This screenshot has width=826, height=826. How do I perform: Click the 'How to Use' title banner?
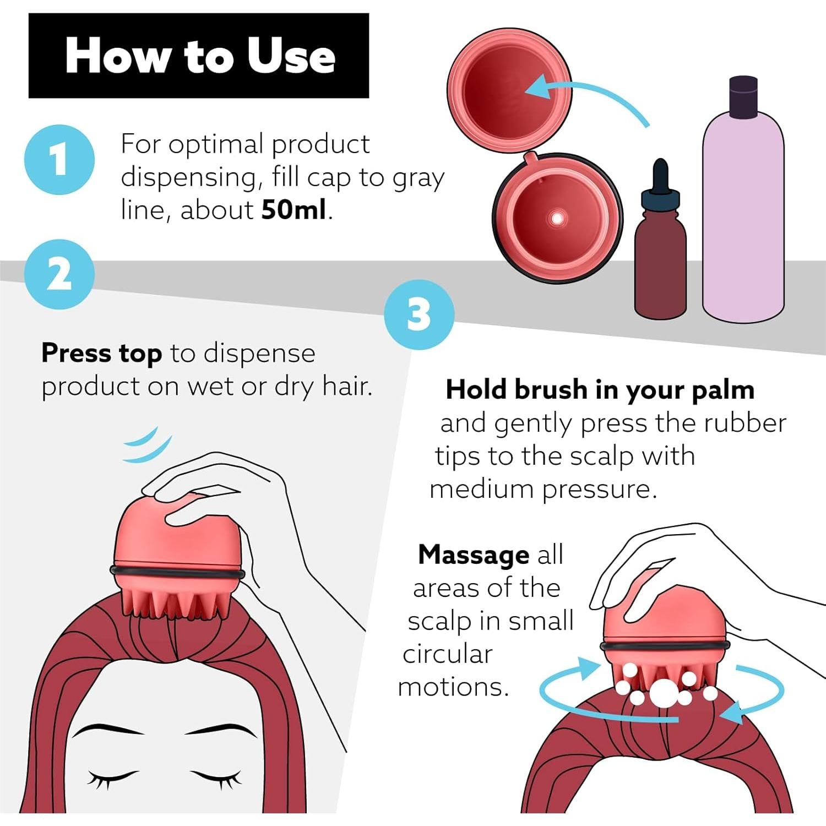[x=198, y=56]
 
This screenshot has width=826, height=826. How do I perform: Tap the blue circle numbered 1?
[x=59, y=160]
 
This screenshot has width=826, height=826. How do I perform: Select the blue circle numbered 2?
[x=59, y=274]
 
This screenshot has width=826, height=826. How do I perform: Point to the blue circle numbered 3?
[x=419, y=314]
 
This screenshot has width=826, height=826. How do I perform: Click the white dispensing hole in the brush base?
[x=557, y=219]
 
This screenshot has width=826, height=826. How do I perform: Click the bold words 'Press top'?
[x=101, y=353]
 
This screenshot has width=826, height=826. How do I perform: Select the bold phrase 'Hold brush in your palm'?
[x=600, y=390]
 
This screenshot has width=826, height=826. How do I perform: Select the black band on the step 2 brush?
[x=178, y=573]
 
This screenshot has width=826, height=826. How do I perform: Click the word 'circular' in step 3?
[x=447, y=654]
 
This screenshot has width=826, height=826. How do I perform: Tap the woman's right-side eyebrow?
[x=220, y=732]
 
